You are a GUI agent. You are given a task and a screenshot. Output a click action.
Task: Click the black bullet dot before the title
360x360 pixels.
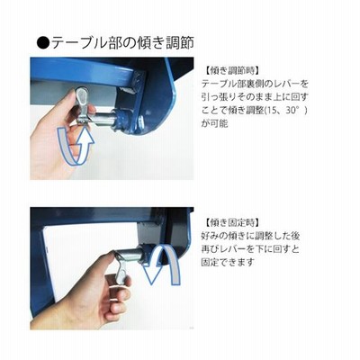(x=43, y=42)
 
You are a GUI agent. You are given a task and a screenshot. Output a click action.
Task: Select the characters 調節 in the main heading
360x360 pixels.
(x=180, y=42)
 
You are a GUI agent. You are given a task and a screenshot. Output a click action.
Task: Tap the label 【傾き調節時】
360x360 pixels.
(x=230, y=71)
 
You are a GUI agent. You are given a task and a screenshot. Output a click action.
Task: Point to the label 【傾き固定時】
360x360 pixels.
(x=230, y=223)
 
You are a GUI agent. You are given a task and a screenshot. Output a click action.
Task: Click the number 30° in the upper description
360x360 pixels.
(x=292, y=111)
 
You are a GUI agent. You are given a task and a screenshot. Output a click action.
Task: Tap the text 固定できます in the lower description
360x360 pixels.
(x=228, y=263)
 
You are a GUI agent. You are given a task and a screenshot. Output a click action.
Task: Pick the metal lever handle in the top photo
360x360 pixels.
(x=82, y=105)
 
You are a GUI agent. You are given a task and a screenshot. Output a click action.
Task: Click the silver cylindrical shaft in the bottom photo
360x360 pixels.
(x=129, y=256)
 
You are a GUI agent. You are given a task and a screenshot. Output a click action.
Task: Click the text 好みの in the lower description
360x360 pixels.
(x=214, y=236)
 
